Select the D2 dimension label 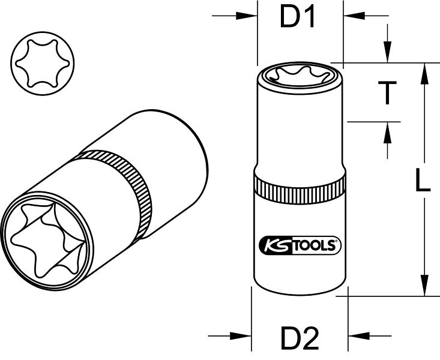pos(300,338)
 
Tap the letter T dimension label pos(387,92)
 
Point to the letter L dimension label pos(423,180)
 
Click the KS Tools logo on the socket pos(300,245)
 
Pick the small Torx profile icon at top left pos(43,63)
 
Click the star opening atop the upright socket pos(300,74)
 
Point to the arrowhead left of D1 pos(246,16)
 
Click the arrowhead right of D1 pos(354,16)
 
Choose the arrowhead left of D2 pos(241,335)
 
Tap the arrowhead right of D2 pos(359,335)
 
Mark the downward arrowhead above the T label pos(388,52)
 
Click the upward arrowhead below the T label pos(388,133)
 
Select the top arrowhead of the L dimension pos(425,74)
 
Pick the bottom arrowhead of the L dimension pos(425,285)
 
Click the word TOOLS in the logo pos(315,245)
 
